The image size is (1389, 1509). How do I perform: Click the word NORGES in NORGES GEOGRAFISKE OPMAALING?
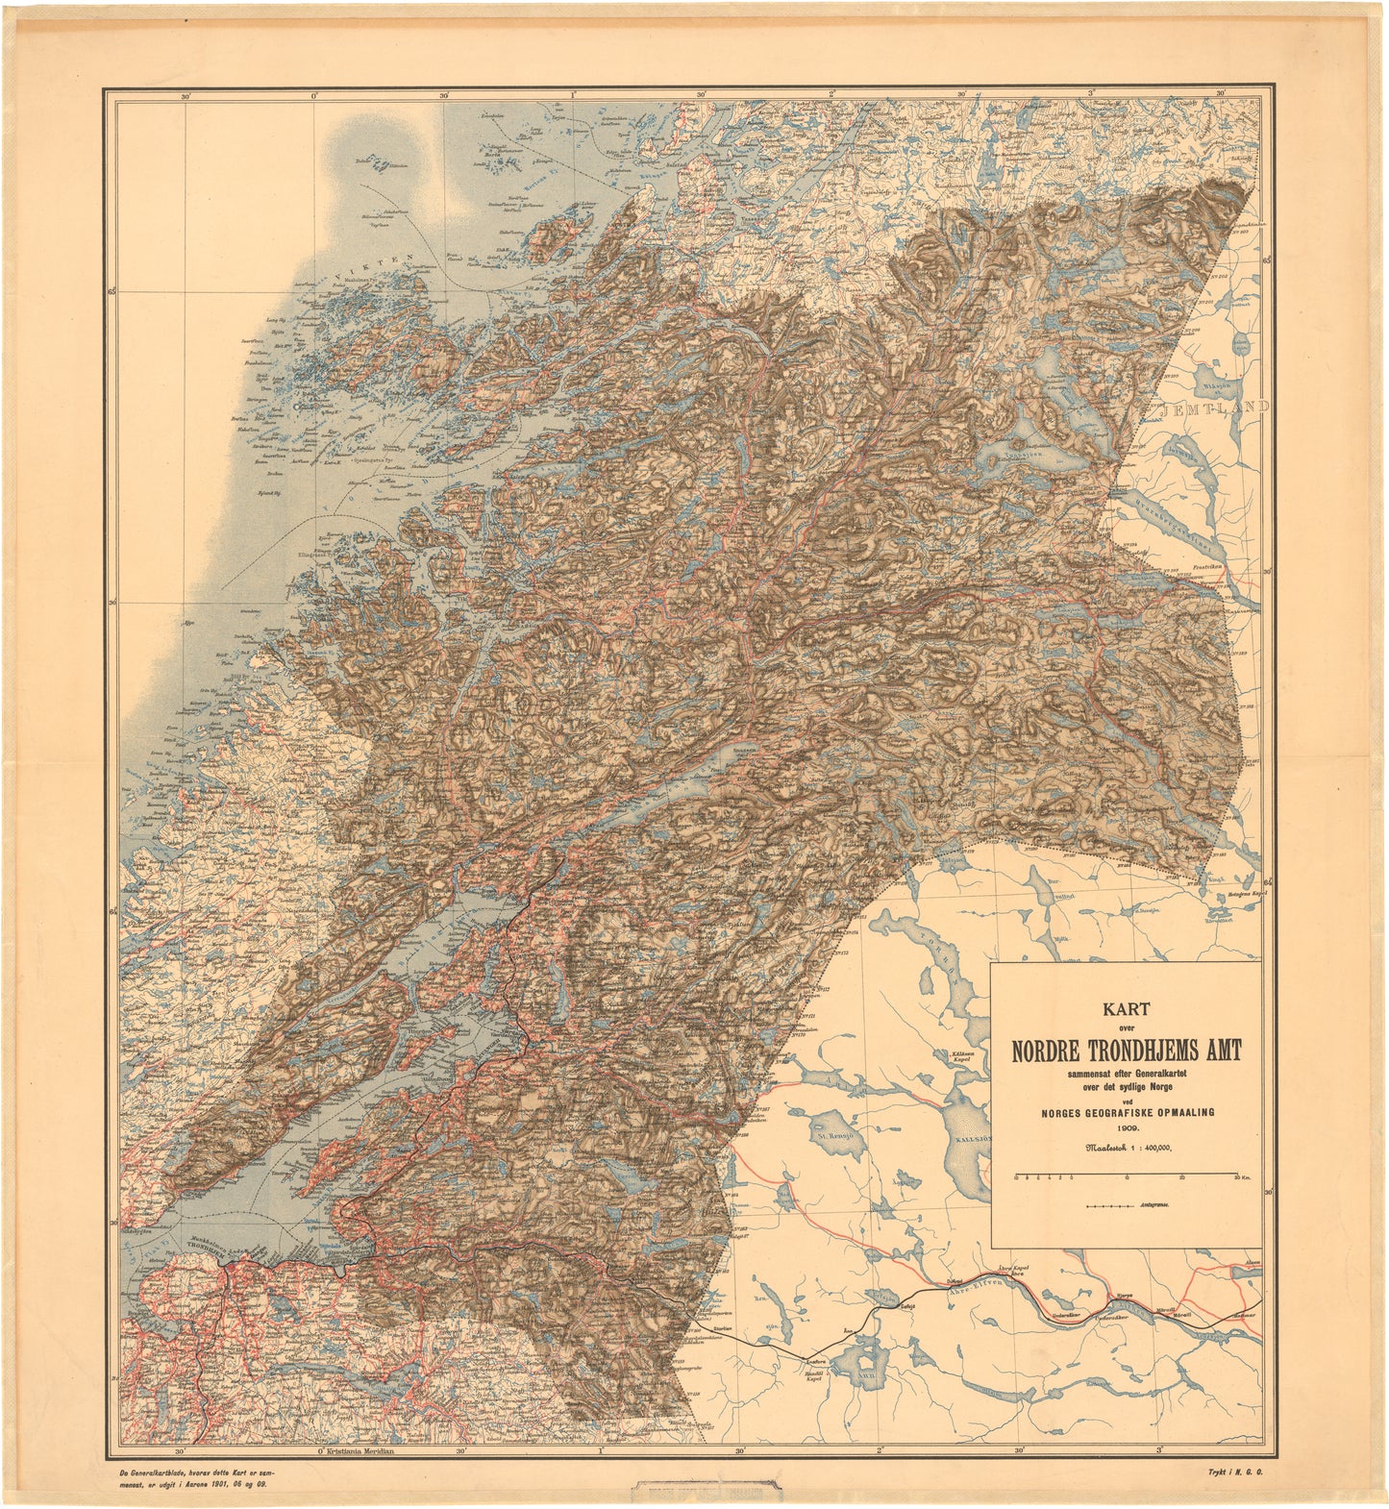1058,1112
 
